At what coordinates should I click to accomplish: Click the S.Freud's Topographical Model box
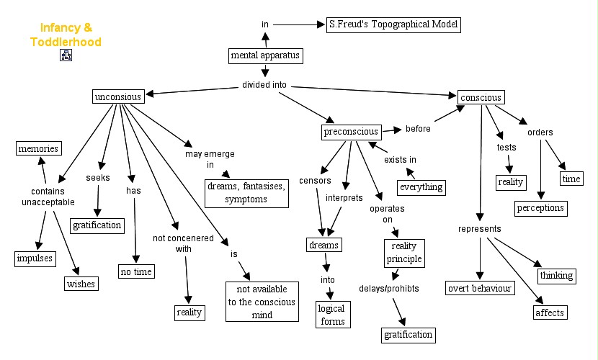click(393, 24)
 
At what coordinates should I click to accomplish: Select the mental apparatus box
click(264, 55)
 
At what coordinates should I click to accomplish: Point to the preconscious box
click(351, 132)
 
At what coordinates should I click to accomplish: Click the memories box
click(38, 149)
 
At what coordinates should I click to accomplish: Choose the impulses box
click(35, 258)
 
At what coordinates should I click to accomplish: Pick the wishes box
click(81, 284)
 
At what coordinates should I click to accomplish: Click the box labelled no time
click(136, 271)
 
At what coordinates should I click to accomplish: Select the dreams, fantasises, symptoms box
click(245, 192)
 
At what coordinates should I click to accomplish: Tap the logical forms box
click(331, 315)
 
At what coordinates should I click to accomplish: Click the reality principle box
click(403, 252)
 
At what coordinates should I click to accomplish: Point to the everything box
click(421, 188)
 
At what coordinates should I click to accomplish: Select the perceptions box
click(540, 209)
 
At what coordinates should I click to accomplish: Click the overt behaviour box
click(479, 289)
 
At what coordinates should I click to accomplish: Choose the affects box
click(550, 312)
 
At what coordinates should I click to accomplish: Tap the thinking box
click(556, 275)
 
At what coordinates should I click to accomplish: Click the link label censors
click(315, 179)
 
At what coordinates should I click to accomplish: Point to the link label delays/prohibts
click(389, 289)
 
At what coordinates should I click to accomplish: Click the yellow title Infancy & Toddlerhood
click(66, 35)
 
